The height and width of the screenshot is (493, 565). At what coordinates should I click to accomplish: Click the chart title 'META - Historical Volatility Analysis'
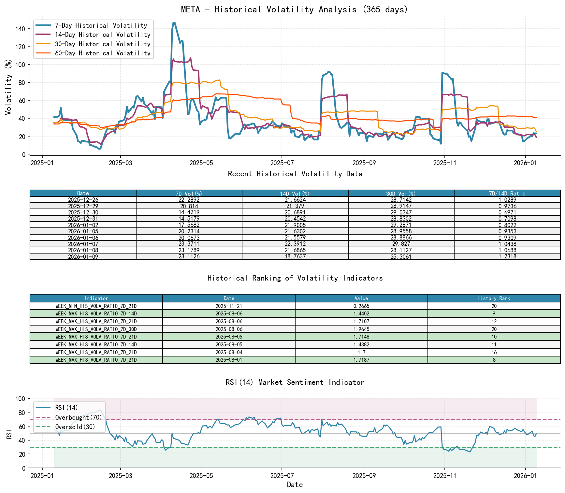point(294,9)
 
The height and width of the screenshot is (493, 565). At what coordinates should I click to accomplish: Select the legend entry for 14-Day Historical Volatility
point(103,35)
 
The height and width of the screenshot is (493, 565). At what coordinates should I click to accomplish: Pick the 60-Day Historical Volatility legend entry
point(103,53)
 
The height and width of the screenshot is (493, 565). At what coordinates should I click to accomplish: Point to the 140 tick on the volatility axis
point(20,29)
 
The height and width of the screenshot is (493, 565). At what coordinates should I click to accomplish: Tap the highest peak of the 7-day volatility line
point(174,22)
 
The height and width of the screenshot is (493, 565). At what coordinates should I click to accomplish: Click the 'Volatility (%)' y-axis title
point(8,87)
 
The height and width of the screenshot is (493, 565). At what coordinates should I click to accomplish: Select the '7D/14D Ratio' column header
point(507,194)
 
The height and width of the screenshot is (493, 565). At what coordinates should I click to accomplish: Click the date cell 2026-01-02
point(83,225)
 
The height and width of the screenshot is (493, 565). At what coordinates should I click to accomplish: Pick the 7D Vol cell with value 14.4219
point(189,212)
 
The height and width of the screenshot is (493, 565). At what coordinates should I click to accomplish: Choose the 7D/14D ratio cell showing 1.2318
point(507,256)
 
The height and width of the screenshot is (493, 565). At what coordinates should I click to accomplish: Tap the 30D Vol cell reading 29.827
point(401,244)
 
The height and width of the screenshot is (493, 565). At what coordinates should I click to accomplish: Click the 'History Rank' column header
point(494,298)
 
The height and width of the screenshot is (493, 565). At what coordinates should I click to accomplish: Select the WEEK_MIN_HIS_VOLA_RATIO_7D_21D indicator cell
point(96,306)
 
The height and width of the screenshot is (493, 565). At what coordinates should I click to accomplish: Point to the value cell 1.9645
point(361,329)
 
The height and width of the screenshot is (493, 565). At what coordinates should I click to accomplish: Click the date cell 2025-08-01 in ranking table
point(229,360)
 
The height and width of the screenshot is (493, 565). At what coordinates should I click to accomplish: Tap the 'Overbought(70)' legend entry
point(78,417)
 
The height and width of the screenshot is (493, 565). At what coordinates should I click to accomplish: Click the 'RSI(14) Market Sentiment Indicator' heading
point(294,382)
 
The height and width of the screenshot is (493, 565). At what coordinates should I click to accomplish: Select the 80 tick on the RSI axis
point(21,413)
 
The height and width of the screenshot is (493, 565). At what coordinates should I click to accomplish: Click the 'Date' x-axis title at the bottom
point(295,485)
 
